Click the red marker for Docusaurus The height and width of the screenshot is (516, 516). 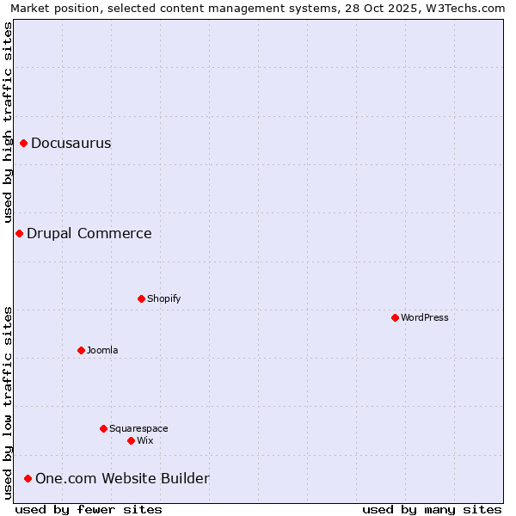24,143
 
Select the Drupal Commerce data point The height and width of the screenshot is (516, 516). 19,233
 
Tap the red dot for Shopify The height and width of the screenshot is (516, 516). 141,298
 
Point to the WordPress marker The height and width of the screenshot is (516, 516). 395,317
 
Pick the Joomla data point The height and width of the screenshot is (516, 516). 81,350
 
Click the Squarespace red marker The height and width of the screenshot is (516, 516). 103,428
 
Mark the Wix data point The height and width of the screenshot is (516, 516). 131,440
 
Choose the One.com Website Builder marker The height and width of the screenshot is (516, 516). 28,478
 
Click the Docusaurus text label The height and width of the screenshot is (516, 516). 71,144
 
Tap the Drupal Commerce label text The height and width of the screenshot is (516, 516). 89,234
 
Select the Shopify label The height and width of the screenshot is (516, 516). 164,299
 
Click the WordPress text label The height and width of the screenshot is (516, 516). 425,318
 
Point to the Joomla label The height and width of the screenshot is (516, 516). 102,351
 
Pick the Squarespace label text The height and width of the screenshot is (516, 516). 138,429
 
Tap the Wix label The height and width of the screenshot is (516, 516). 145,441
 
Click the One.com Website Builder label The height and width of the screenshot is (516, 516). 122,479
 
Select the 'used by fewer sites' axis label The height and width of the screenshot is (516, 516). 89,509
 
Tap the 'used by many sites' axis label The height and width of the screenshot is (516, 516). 432,509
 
